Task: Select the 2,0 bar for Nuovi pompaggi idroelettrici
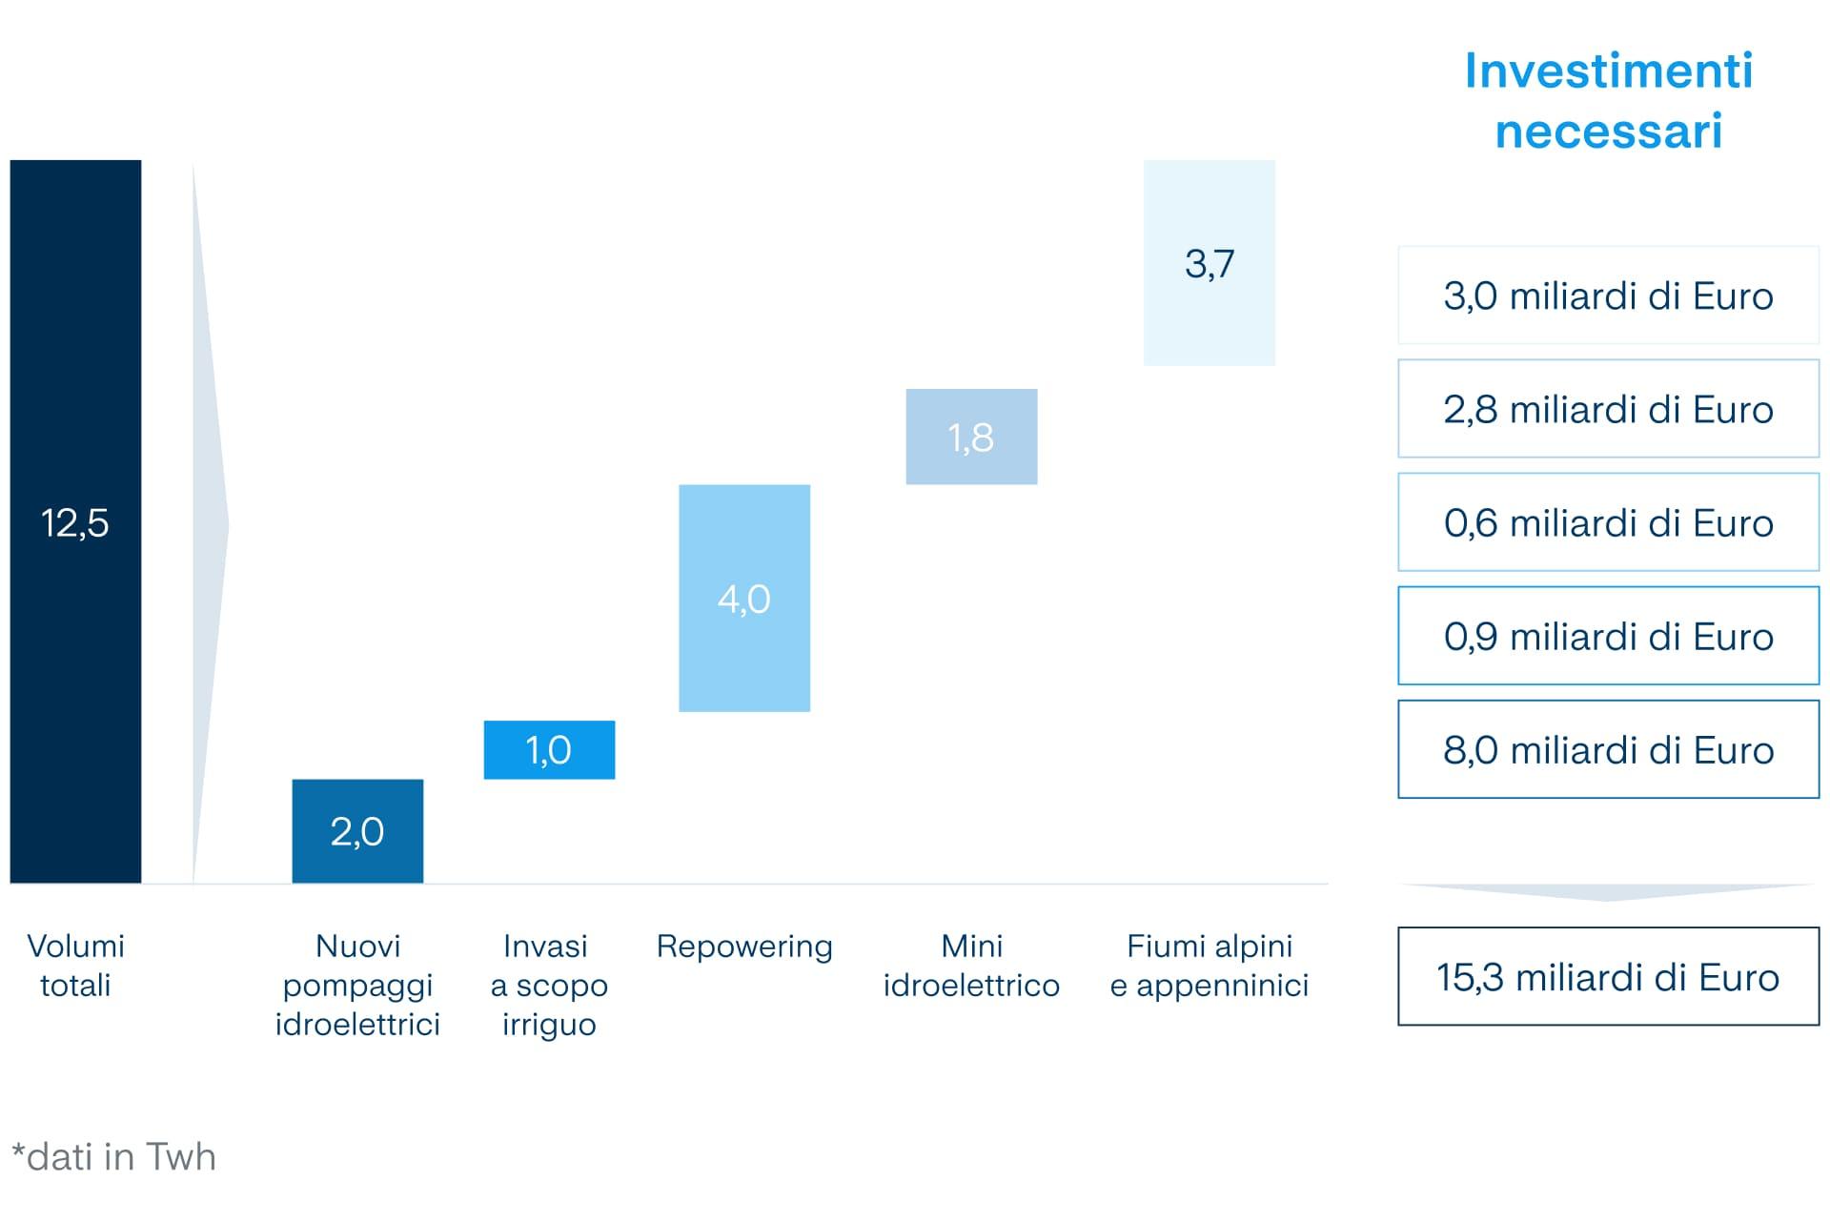(x=357, y=830)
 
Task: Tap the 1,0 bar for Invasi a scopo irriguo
(x=549, y=749)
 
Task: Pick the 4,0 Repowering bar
(x=743, y=598)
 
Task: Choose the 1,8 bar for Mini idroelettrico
(x=971, y=437)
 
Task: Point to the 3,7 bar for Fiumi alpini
(x=1209, y=262)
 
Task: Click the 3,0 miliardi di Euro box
(x=1608, y=295)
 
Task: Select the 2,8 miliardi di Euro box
(x=1608, y=409)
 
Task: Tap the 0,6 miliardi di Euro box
(x=1608, y=522)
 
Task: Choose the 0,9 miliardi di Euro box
(x=1608, y=636)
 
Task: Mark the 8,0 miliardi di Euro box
(x=1608, y=749)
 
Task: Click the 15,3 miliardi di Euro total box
(x=1608, y=976)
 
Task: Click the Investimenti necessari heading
(x=1608, y=100)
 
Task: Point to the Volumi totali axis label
(x=75, y=965)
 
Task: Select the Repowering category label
(x=743, y=946)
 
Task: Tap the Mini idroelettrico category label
(x=971, y=965)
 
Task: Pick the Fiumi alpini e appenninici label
(x=1209, y=965)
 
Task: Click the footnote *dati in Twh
(x=114, y=1156)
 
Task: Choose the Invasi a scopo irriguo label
(x=549, y=985)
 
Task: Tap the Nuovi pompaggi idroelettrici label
(x=357, y=985)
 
